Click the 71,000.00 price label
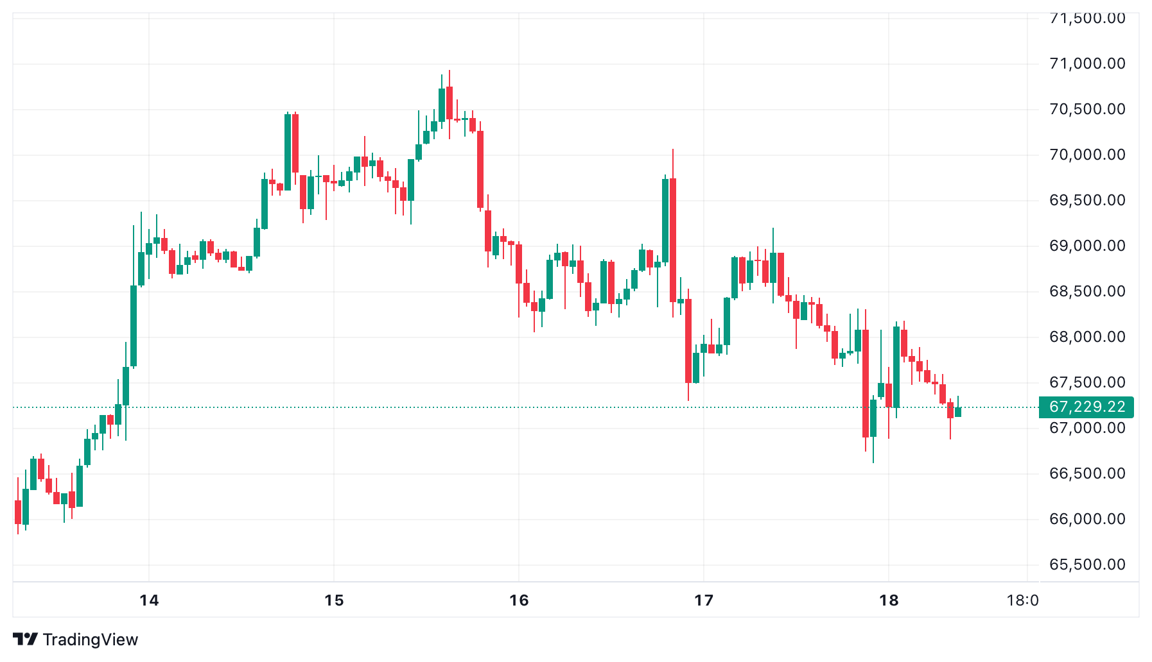1087,64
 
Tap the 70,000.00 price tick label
1087,155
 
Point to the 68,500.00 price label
1087,291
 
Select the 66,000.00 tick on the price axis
1087,519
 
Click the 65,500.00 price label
1087,564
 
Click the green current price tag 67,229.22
1087,407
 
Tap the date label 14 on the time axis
149,600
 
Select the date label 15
334,600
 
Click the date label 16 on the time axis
519,600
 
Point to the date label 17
704,600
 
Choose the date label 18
889,600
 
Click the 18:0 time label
1022,600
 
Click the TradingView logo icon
25,640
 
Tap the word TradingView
91,640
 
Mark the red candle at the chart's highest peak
449,103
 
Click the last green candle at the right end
958,412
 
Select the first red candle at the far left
18,512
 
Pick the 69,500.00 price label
1087,200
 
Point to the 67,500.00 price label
1087,382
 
